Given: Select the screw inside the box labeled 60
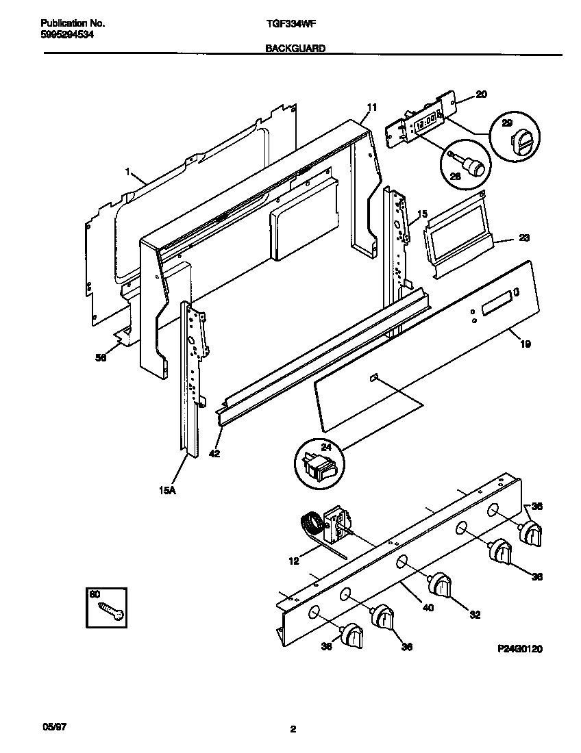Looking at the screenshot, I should click(112, 611).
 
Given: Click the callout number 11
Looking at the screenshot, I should click(372, 107).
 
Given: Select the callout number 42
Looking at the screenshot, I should click(214, 453).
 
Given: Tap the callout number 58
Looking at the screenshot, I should click(101, 357).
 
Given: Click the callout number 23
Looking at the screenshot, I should click(524, 239).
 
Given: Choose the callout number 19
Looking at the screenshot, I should click(526, 344).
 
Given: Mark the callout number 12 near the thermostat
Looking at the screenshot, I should click(294, 561).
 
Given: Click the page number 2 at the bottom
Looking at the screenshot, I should click(293, 730).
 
